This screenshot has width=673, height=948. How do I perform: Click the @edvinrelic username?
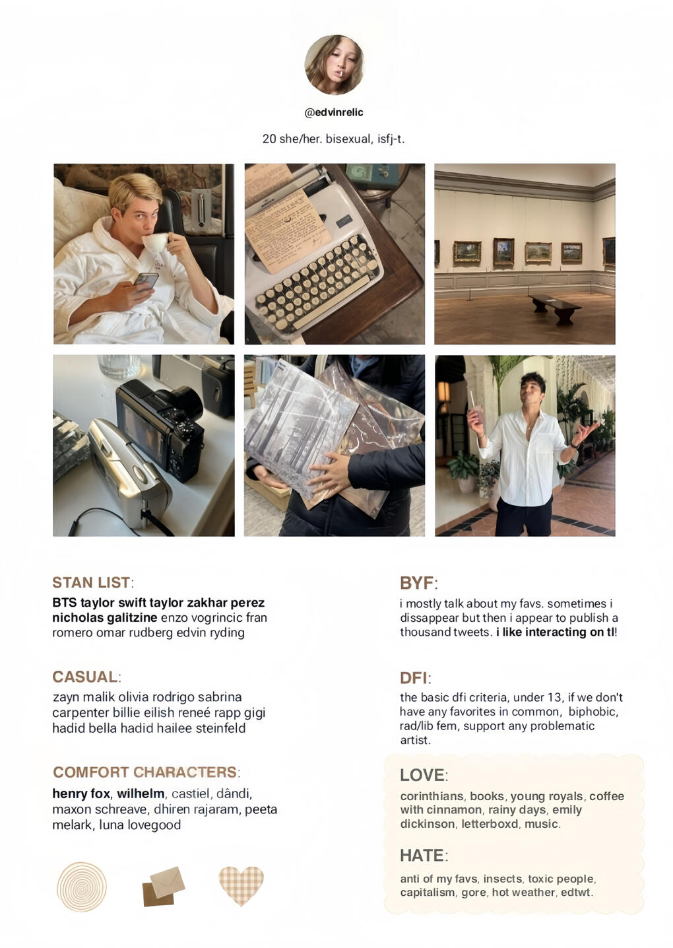tap(334, 113)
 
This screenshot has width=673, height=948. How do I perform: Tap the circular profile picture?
tap(334, 65)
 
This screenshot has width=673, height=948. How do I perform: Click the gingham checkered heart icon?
tap(241, 885)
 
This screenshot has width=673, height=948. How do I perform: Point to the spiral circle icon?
tap(82, 886)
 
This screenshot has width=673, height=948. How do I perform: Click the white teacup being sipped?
tap(156, 243)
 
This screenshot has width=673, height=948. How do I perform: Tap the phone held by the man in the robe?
tap(146, 283)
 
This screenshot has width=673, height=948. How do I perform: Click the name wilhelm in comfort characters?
tap(141, 794)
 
